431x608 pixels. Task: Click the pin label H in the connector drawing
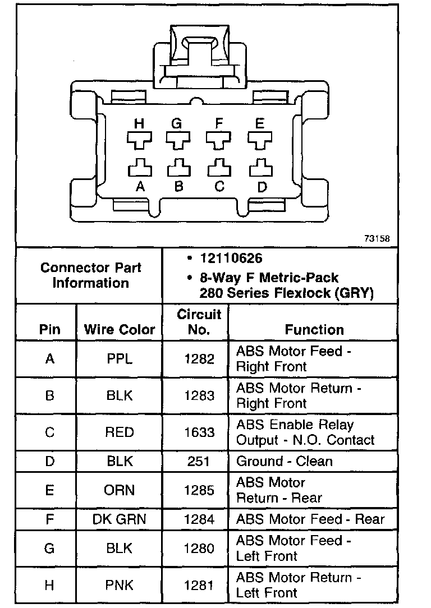[139, 123]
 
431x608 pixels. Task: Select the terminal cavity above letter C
[219, 168]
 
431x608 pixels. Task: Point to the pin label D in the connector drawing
[262, 187]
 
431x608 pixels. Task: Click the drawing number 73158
[377, 238]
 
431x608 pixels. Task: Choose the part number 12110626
[231, 259]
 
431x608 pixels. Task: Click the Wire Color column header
[119, 329]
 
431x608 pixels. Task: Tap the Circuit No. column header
[199, 322]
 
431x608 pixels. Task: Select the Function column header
[314, 329]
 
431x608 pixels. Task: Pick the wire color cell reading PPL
[120, 359]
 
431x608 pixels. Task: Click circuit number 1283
[199, 395]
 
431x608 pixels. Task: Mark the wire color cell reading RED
[120, 432]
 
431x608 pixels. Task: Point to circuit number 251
[199, 461]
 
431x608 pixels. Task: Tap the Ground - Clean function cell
[285, 461]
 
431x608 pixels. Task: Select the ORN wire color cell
[120, 490]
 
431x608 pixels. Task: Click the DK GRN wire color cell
[119, 519]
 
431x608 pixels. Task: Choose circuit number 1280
[199, 548]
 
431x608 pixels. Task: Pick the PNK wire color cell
[120, 586]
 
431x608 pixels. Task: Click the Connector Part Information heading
[90, 275]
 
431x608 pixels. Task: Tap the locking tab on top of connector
[200, 56]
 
